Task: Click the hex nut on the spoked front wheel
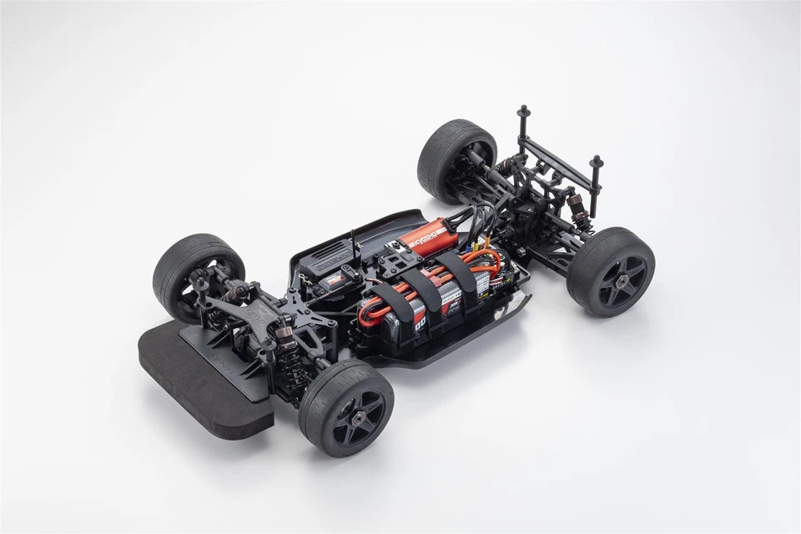(355, 410)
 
